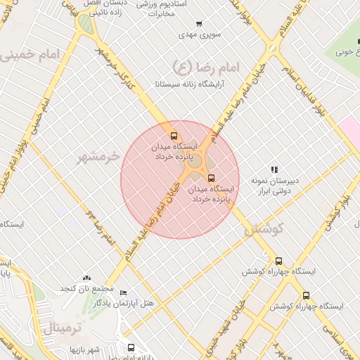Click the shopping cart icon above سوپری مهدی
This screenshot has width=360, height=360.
tap(199, 24)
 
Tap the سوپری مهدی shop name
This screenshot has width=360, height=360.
tap(199, 34)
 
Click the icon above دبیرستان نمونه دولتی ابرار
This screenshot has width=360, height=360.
tap(274, 169)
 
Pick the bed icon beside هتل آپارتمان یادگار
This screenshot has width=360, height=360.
tap(123, 292)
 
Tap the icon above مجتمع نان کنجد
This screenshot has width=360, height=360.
tap(86, 278)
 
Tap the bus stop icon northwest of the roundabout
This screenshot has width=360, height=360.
tap(174, 136)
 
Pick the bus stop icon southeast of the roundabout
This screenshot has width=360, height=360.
tap(212, 178)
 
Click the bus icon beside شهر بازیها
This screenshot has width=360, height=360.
tap(131, 347)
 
